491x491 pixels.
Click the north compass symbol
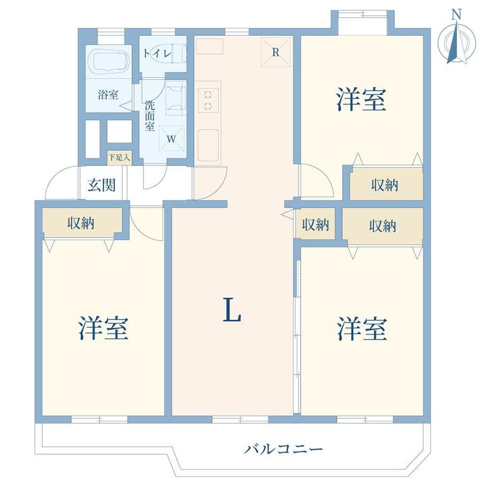[455, 42]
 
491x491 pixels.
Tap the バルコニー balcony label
[283, 449]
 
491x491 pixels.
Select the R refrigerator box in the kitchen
[275, 52]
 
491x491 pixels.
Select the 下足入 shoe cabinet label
[117, 157]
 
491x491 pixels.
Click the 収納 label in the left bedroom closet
[81, 224]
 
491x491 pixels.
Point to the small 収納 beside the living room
[315, 225]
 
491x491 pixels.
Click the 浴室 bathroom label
[108, 95]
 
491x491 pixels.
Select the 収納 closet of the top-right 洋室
[385, 185]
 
